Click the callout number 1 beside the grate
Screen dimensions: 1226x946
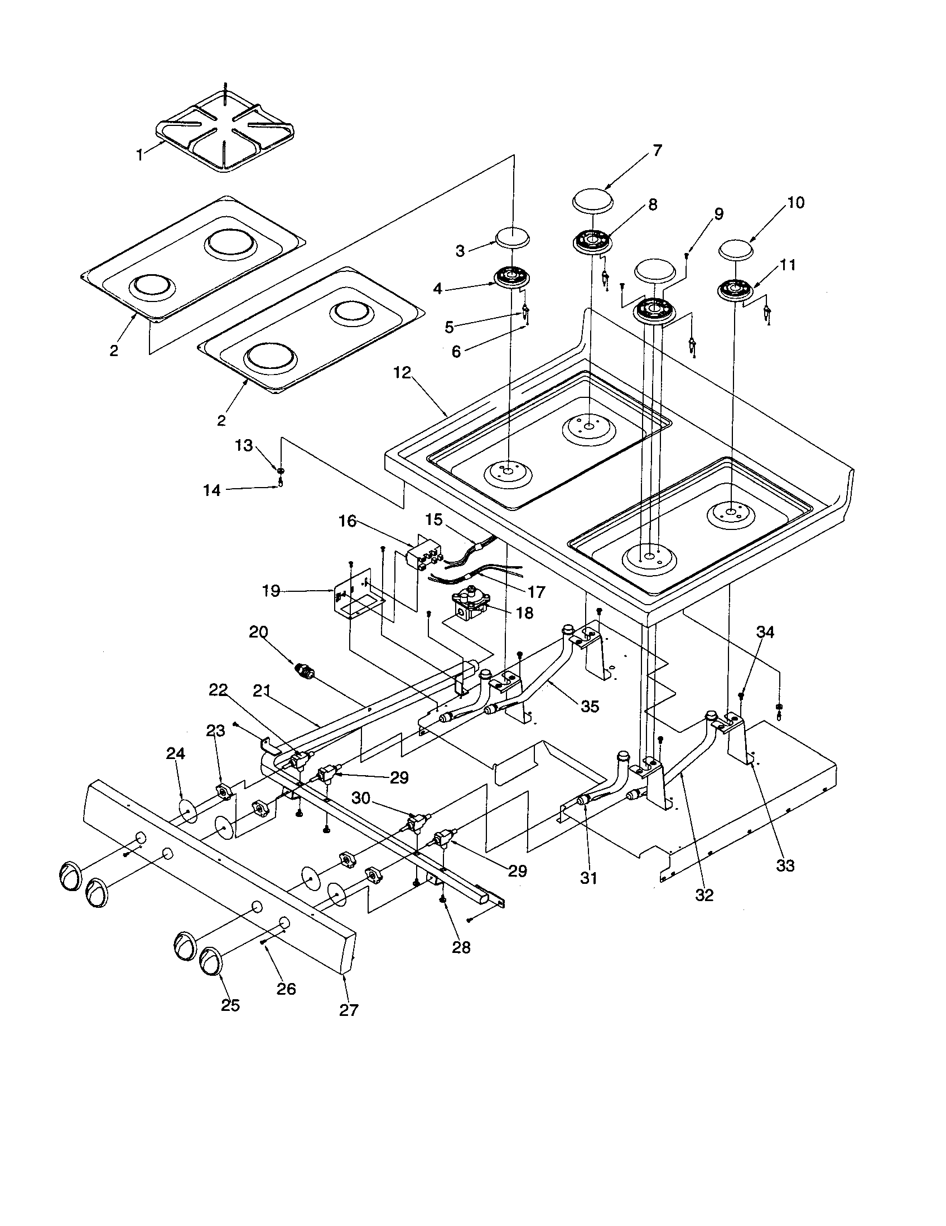tap(139, 154)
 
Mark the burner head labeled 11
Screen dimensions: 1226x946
tap(736, 290)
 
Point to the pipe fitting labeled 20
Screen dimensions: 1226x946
tap(303, 670)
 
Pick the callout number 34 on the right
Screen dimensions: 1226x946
tap(765, 633)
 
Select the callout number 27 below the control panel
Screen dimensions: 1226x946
tap(349, 1010)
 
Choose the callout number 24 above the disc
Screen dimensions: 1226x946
tap(175, 755)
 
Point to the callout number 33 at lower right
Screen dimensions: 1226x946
tap(785, 865)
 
